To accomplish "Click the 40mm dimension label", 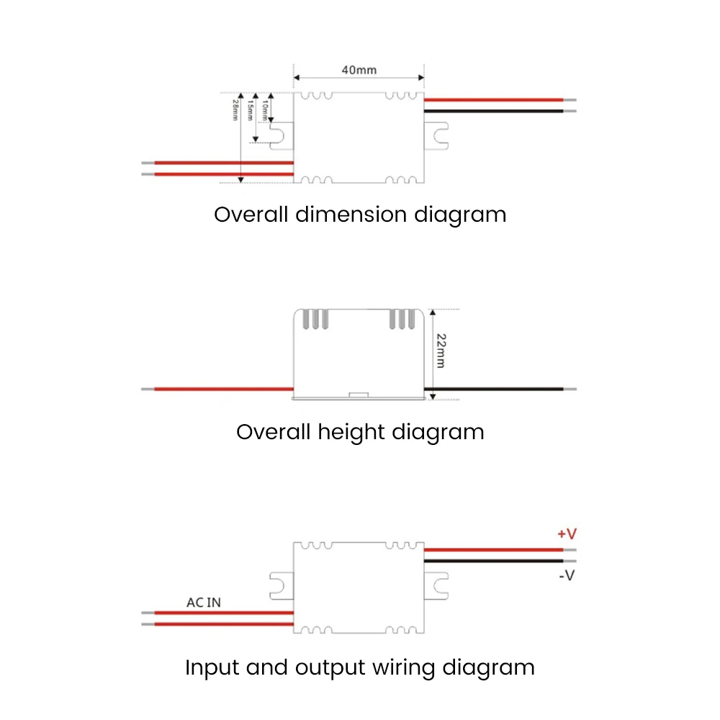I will (359, 70).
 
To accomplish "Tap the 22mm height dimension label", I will (440, 351).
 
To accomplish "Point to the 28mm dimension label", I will (235, 110).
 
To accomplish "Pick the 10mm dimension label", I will (264, 109).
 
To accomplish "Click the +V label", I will (567, 534).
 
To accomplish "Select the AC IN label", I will (204, 602).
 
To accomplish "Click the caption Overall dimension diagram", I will (360, 215).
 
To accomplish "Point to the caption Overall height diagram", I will (360, 432).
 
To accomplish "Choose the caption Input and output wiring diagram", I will (360, 667).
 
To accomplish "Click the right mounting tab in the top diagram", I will (436, 135).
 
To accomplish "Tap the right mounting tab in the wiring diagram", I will (436, 585).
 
